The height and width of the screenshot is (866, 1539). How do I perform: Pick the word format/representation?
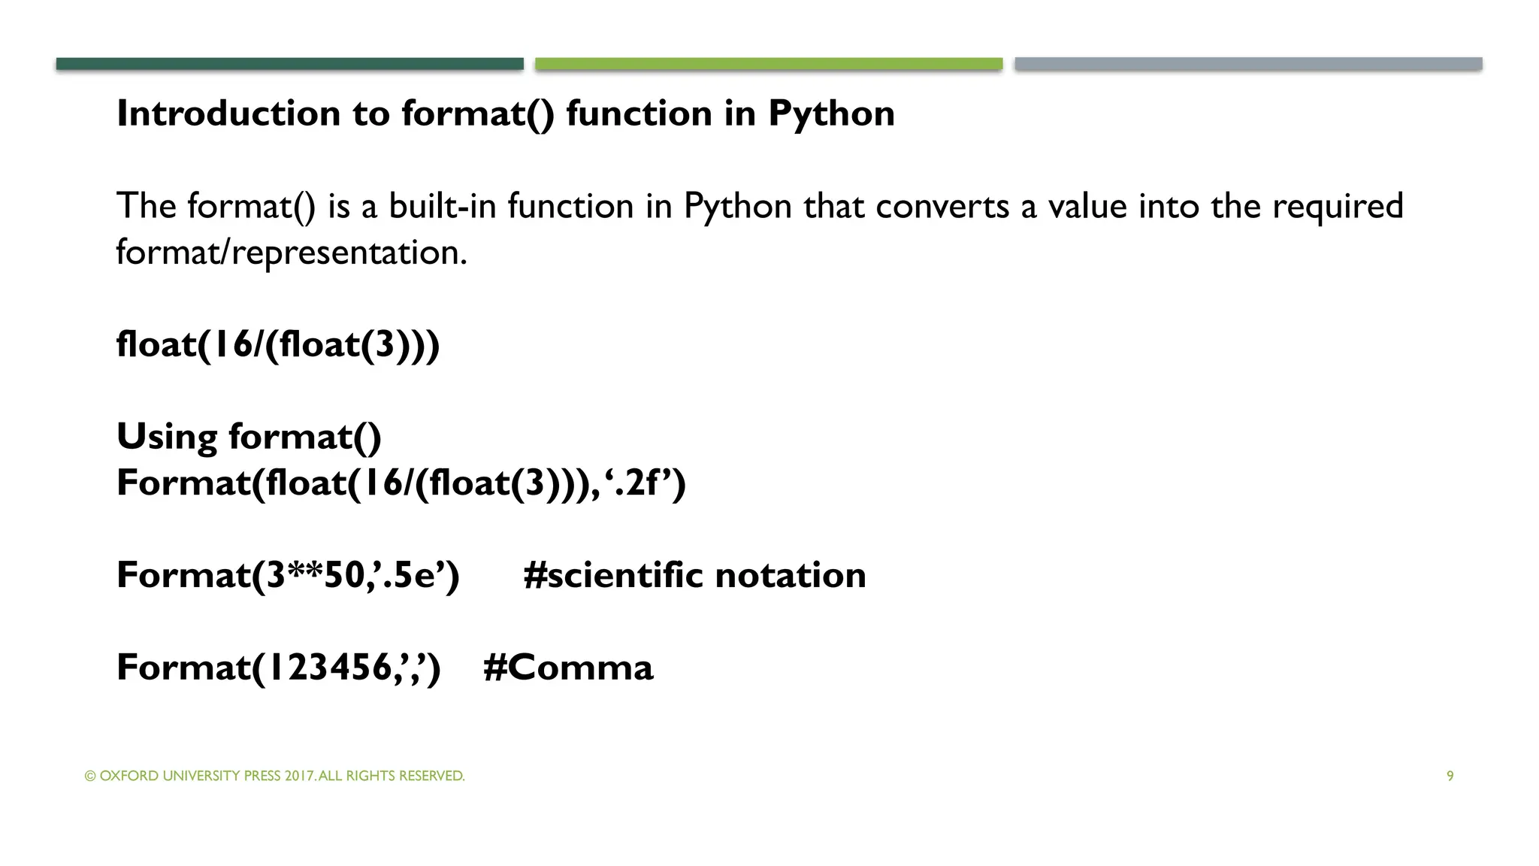[x=292, y=253]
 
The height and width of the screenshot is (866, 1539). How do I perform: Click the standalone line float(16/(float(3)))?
[x=277, y=345]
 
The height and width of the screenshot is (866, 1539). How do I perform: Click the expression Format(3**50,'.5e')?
[x=288, y=576]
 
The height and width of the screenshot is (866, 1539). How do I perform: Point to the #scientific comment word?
[x=613, y=576]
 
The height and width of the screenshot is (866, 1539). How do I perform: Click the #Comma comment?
[x=568, y=668]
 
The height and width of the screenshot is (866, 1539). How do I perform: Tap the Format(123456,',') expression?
[x=278, y=668]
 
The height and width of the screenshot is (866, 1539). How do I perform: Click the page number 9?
[x=1450, y=776]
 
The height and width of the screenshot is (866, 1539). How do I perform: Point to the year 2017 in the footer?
[x=299, y=776]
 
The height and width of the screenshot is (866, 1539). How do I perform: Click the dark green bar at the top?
[x=289, y=64]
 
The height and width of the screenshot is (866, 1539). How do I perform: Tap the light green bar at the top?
[x=769, y=64]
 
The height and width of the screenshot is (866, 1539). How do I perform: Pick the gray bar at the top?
[x=1248, y=64]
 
